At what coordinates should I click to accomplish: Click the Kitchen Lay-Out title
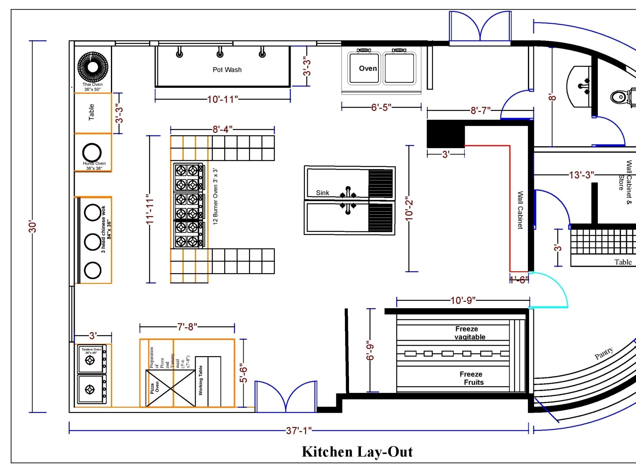point(357,452)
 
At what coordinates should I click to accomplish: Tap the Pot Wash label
point(227,70)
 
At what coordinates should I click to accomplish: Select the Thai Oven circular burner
point(93,67)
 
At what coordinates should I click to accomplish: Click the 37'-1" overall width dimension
point(299,431)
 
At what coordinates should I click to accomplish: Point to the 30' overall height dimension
point(33,227)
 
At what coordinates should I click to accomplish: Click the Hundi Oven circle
point(92,152)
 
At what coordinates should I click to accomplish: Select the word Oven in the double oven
point(368,68)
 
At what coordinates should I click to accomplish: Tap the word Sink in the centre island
point(322,193)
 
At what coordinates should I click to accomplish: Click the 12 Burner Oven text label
point(215,196)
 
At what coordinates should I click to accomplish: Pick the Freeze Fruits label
point(472,378)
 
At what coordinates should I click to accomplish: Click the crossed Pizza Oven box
point(171,388)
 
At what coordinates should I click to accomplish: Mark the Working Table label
point(201,380)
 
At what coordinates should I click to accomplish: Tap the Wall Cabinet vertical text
point(520,210)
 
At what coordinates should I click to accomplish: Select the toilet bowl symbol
point(618,97)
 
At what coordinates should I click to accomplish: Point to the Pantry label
point(603,353)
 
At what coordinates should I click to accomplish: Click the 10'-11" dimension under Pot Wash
point(222,99)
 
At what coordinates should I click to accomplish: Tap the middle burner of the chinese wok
point(93,242)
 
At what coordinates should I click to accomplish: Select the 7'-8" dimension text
point(187,327)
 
